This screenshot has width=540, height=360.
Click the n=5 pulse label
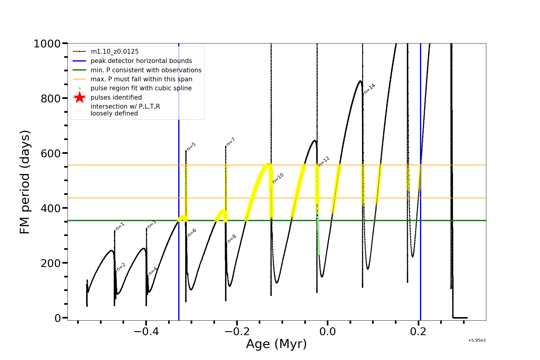tap(191, 146)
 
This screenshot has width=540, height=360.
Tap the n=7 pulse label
tap(231, 142)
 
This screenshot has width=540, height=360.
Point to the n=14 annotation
tap(369, 88)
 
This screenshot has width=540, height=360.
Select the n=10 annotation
tap(278, 178)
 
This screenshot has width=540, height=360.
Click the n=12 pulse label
tap(324, 161)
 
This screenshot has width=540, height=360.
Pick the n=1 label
tap(120, 226)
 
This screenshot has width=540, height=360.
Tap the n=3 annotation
tap(151, 224)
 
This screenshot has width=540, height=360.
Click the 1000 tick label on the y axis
tap(47, 44)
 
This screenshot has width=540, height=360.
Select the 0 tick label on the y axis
tap(58, 318)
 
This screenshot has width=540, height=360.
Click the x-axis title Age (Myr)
tap(276, 344)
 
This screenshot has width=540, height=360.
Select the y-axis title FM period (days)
tap(25, 182)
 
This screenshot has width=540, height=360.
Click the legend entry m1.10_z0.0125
tap(115, 52)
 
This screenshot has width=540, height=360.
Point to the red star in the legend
tap(79, 97)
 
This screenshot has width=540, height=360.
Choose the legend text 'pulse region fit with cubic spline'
tap(141, 88)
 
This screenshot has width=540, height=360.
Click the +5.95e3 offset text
tap(477, 340)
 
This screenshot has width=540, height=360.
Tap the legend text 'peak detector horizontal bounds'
tap(141, 61)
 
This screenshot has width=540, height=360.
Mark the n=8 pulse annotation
tap(232, 238)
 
